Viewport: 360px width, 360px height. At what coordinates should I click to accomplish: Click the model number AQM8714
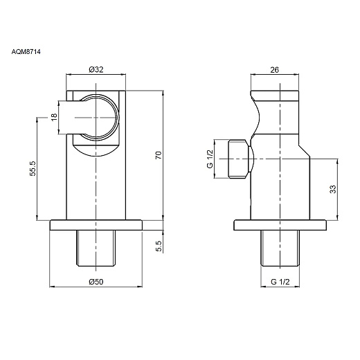pyautogui.click(x=26, y=52)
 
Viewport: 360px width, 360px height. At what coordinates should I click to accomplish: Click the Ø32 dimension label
pyautogui.click(x=96, y=69)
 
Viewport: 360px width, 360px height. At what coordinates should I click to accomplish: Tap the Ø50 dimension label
pyautogui.click(x=96, y=282)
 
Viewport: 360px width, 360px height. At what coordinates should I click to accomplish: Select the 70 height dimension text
pyautogui.click(x=159, y=155)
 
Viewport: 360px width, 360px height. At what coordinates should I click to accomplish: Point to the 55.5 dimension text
pyautogui.click(x=33, y=169)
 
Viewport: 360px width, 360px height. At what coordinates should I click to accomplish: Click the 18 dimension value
pyautogui.click(x=54, y=117)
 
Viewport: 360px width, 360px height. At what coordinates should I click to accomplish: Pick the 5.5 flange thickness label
pyautogui.click(x=159, y=246)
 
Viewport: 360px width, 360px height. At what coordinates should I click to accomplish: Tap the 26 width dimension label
pyautogui.click(x=274, y=69)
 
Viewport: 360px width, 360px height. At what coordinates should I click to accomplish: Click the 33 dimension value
pyautogui.click(x=333, y=189)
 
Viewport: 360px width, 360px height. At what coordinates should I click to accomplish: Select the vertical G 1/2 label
pyautogui.click(x=210, y=159)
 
